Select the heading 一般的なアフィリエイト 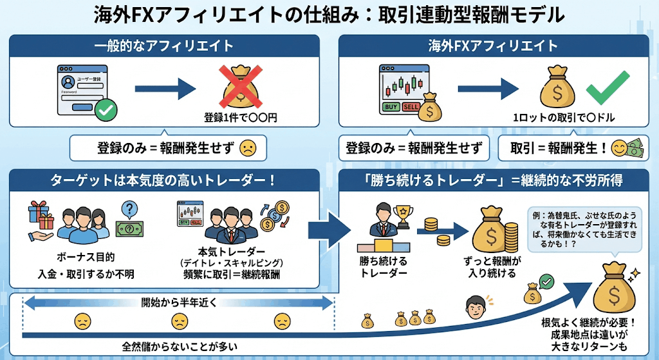click(163, 45)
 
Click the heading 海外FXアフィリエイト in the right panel click(494, 45)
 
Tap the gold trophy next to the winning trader click(404, 216)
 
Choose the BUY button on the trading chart click(391, 106)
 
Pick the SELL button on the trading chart click(411, 106)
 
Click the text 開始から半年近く click(179, 300)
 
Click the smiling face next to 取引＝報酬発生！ click(619, 149)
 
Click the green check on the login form click(105, 111)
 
